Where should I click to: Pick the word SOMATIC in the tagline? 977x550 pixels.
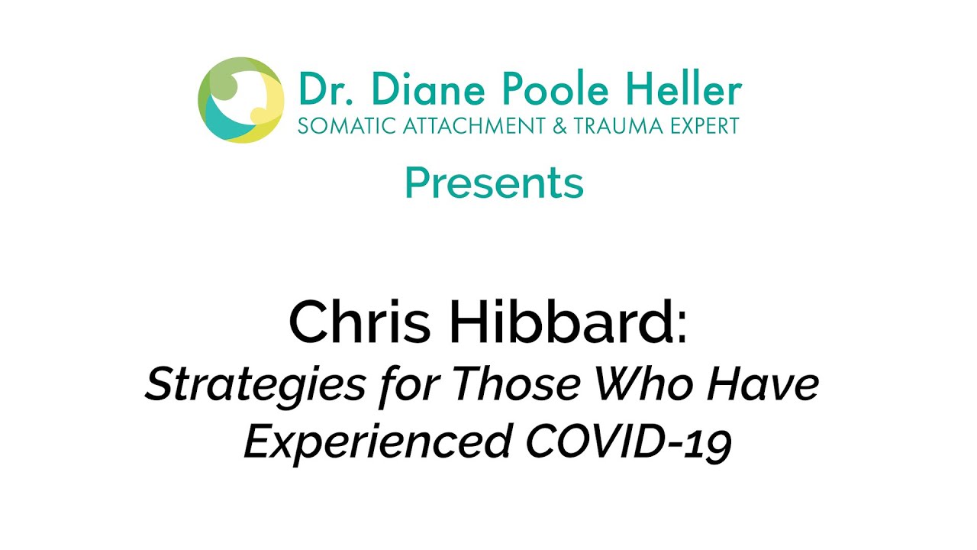[341, 126]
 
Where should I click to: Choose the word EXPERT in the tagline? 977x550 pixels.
[701, 126]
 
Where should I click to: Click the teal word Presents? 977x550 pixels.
[494, 183]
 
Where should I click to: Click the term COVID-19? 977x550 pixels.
[628, 441]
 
